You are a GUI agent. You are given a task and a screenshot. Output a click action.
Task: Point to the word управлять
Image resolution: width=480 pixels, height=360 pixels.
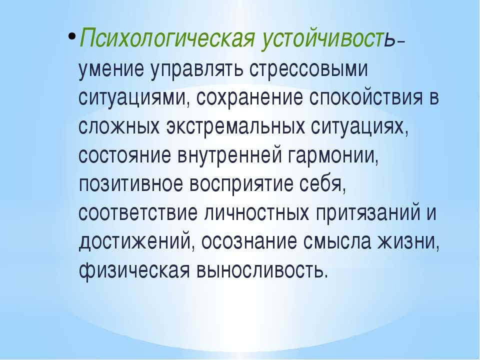pos(196,69)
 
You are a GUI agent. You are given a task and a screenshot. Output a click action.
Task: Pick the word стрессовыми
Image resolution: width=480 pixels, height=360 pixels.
pos(308,69)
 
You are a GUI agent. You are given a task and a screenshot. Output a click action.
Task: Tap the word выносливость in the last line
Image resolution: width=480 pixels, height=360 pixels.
pos(262,270)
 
